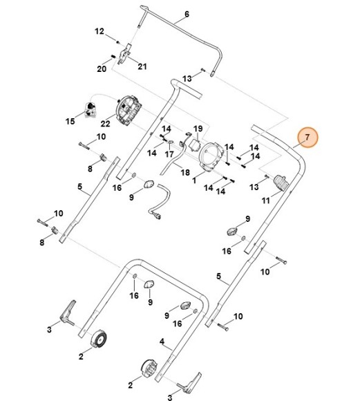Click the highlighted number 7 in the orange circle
point(307,138)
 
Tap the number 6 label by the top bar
point(187,14)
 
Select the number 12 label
point(100,31)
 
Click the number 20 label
point(102,69)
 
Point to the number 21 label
point(142,66)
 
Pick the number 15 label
point(70,121)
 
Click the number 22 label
point(105,124)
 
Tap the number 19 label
point(198,129)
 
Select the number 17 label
point(169,154)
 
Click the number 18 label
point(185,172)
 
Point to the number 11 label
point(265,200)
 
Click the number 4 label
point(162,342)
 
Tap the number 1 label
point(194,180)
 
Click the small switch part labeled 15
point(90,110)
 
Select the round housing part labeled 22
point(129,111)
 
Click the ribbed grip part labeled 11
point(281,183)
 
